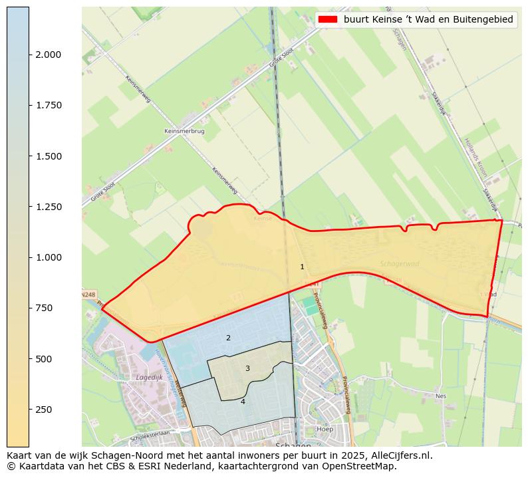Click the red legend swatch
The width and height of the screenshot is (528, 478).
327,20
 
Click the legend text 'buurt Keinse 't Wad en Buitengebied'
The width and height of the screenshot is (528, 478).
428,20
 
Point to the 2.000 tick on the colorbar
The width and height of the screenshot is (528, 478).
48,55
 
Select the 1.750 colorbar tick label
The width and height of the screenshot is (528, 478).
48,105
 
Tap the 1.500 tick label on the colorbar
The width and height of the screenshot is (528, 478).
48,156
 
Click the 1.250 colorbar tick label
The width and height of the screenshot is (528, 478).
48,207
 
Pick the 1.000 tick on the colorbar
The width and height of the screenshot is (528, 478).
48,257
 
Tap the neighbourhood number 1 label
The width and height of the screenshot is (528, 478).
302,267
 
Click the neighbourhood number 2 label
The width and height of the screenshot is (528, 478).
228,338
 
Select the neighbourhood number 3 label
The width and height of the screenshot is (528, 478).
247,368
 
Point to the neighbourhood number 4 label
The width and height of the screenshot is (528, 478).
243,402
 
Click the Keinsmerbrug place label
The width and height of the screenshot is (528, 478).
184,131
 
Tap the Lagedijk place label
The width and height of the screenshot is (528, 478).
149,377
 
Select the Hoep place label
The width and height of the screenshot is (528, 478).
325,429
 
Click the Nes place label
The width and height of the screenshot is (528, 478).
440,396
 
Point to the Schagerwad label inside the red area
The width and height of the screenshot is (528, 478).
400,263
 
